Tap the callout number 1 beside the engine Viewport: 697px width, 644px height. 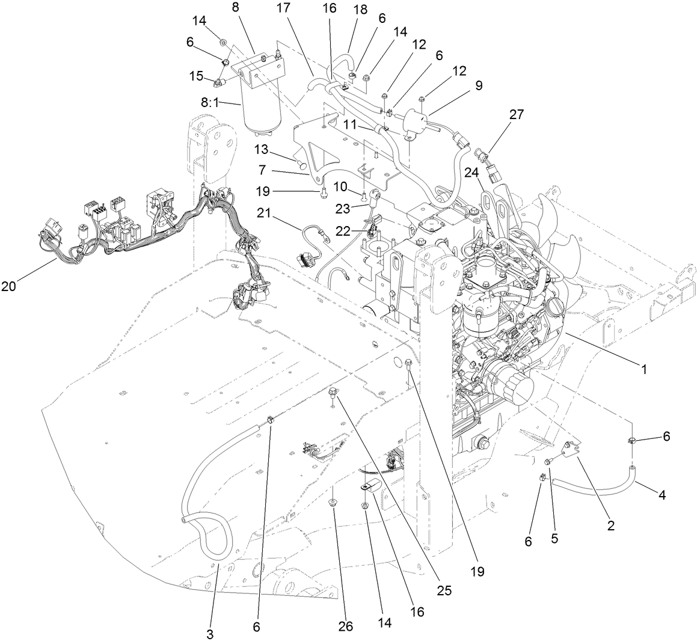644,370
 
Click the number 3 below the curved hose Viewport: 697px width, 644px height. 210,634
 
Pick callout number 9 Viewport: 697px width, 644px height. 479,85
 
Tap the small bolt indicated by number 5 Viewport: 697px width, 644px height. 548,462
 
